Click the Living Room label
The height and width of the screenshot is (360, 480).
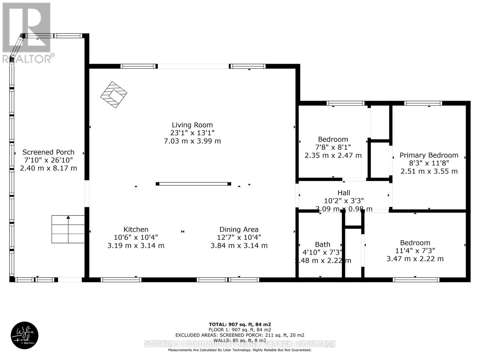click(x=192, y=125)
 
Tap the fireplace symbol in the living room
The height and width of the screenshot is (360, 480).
click(x=114, y=95)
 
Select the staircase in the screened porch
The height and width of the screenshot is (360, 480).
click(x=68, y=229)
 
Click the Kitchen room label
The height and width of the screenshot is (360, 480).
click(x=136, y=229)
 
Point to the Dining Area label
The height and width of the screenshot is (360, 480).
click(x=239, y=229)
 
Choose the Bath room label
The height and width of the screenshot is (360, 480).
click(x=322, y=244)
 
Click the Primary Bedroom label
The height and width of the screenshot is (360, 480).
click(x=429, y=155)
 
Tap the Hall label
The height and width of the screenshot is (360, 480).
click(x=343, y=193)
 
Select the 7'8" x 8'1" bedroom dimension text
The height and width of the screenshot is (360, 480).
click(x=333, y=147)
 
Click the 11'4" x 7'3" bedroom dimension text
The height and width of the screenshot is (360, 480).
click(x=415, y=250)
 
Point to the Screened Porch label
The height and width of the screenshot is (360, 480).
click(x=48, y=152)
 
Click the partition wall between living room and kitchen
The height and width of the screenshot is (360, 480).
click(x=193, y=184)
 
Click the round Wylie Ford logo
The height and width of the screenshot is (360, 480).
click(x=25, y=335)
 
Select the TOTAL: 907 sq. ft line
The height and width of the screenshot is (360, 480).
click(x=240, y=324)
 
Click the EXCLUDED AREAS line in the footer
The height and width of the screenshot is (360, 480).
click(x=240, y=335)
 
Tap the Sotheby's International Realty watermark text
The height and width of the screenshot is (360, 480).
click(x=240, y=343)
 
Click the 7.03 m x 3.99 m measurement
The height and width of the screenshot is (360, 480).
click(x=192, y=141)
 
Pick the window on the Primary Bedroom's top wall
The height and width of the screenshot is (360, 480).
click(x=423, y=103)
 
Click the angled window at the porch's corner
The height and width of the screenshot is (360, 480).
click(x=17, y=46)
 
